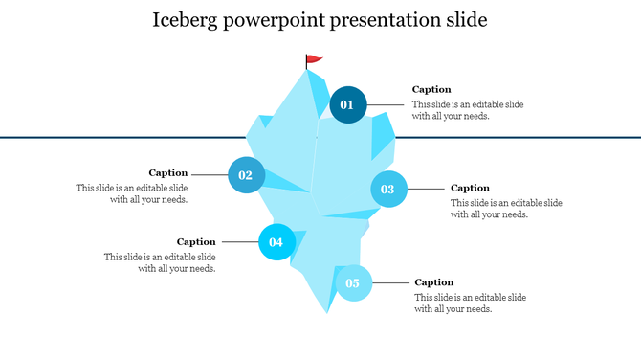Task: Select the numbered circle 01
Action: pos(347,104)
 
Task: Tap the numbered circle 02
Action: pos(246,175)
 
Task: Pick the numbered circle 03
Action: pos(387,190)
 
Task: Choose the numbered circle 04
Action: pos(276,242)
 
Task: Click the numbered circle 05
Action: pos(352,283)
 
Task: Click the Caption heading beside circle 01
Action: pos(431,89)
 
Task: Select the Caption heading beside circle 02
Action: pos(167,173)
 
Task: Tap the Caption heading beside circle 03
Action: pos(470,188)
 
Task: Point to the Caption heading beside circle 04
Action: pos(196,241)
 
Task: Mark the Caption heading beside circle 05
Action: pos(434,282)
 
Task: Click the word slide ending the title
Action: pos(465,20)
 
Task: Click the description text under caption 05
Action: pos(470,304)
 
